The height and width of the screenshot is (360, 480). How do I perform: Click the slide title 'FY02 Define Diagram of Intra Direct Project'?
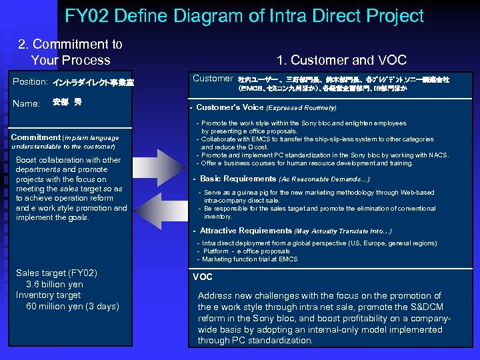(x=244, y=16)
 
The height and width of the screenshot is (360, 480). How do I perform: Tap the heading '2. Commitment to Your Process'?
(x=71, y=52)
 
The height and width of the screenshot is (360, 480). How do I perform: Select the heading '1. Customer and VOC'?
(x=341, y=60)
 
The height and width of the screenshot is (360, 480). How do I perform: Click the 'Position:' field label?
(x=30, y=82)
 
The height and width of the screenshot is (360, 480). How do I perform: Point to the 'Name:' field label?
(x=26, y=103)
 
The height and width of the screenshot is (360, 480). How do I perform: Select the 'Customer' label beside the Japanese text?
(x=212, y=79)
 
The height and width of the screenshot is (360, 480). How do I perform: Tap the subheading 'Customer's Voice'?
(x=230, y=107)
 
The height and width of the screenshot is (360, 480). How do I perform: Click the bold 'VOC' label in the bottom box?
(x=203, y=277)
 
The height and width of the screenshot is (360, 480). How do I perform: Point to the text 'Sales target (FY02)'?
(x=57, y=273)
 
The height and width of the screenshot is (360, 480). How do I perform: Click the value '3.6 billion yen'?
(x=55, y=285)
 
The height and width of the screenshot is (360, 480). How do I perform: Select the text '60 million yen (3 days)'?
(x=73, y=307)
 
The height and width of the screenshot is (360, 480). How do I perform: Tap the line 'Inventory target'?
(x=49, y=295)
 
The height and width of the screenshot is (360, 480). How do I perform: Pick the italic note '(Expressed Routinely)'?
(x=301, y=107)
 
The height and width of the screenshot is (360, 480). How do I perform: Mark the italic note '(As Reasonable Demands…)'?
(x=325, y=179)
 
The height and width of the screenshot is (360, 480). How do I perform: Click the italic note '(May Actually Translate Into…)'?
(x=343, y=231)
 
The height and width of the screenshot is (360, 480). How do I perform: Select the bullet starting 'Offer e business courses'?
(x=307, y=163)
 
